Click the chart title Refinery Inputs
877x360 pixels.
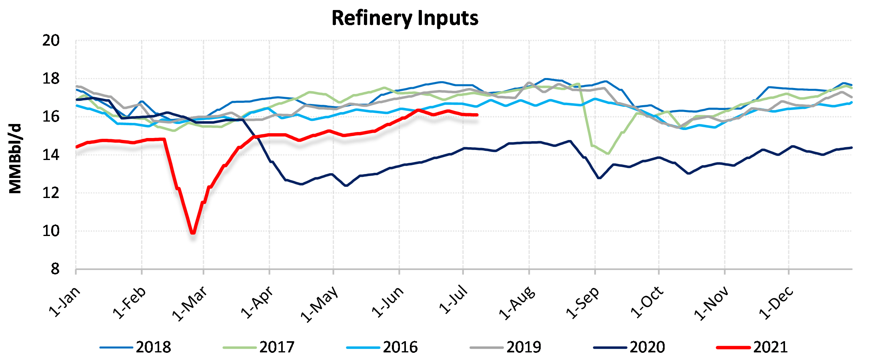(x=405, y=18)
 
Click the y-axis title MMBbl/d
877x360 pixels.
(x=15, y=158)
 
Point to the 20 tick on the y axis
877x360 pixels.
(x=51, y=40)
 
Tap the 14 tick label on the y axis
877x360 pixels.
(x=51, y=155)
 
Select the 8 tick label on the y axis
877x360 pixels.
(x=55, y=269)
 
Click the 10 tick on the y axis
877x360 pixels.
(x=51, y=231)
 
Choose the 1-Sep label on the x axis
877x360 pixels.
(x=583, y=302)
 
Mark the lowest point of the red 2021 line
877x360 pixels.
(x=193, y=233)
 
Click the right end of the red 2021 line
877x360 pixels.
(x=477, y=115)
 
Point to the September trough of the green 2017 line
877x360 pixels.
(x=608, y=153)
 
